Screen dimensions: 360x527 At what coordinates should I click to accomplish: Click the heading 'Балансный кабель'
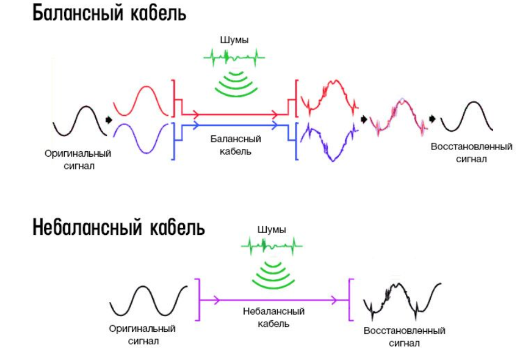click(x=109, y=13)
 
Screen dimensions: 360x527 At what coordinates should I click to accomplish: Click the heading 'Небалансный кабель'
click(x=118, y=227)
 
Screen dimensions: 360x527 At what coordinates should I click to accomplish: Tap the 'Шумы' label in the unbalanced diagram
click(x=272, y=229)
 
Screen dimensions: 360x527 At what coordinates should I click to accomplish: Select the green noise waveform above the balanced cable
click(x=235, y=56)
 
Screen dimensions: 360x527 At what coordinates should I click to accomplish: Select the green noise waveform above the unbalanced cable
click(x=272, y=244)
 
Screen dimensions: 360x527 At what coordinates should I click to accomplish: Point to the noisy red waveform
click(x=329, y=94)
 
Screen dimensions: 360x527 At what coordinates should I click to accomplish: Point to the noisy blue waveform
click(x=329, y=145)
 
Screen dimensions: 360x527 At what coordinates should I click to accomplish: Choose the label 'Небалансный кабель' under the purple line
click(x=273, y=317)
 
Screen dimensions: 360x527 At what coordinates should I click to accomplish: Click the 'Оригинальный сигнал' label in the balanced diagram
click(x=78, y=159)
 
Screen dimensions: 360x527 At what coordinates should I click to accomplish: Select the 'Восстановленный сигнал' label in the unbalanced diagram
click(x=405, y=337)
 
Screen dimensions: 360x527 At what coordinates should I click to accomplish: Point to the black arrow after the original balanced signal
click(x=108, y=119)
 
